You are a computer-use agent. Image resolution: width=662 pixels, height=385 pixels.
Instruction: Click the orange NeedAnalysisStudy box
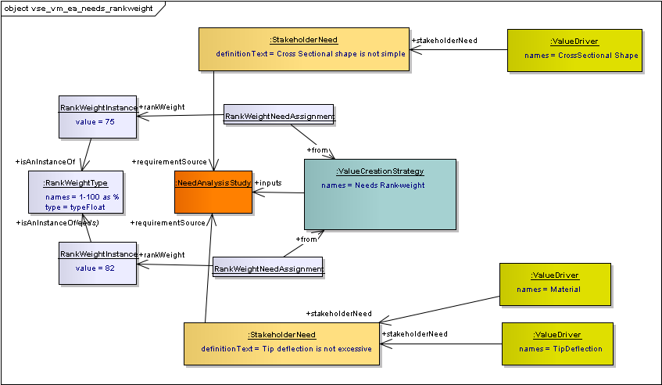tap(213, 192)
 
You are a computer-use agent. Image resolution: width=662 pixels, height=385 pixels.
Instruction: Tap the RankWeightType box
tap(75, 193)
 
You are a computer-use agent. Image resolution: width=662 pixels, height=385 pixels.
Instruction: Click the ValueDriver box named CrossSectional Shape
tap(574, 50)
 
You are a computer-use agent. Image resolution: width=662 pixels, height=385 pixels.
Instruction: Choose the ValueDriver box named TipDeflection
tap(556, 344)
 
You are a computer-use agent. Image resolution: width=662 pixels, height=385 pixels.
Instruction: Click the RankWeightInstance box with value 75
tap(98, 117)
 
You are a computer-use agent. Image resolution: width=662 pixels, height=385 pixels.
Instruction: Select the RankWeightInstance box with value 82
tap(98, 262)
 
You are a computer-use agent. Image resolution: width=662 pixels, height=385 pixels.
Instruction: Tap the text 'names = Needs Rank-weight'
tap(373, 185)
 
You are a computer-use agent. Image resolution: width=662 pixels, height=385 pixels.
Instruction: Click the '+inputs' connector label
tap(267, 183)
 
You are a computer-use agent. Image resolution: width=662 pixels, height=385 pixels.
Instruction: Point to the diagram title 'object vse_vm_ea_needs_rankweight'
tap(78, 8)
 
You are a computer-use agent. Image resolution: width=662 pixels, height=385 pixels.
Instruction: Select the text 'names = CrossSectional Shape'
tap(581, 56)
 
